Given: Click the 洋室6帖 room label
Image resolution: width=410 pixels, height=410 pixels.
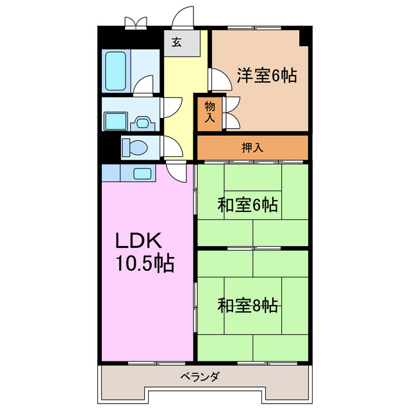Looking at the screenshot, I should (x=266, y=76).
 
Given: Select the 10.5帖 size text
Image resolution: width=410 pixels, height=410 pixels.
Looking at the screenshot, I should (x=144, y=263).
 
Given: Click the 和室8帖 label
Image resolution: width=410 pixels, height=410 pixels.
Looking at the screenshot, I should (x=247, y=306).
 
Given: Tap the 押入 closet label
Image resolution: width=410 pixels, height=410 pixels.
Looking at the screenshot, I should (x=252, y=147).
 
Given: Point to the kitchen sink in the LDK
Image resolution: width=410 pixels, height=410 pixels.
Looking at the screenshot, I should (x=141, y=172).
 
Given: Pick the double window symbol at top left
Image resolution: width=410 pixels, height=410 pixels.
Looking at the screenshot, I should (x=135, y=23).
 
